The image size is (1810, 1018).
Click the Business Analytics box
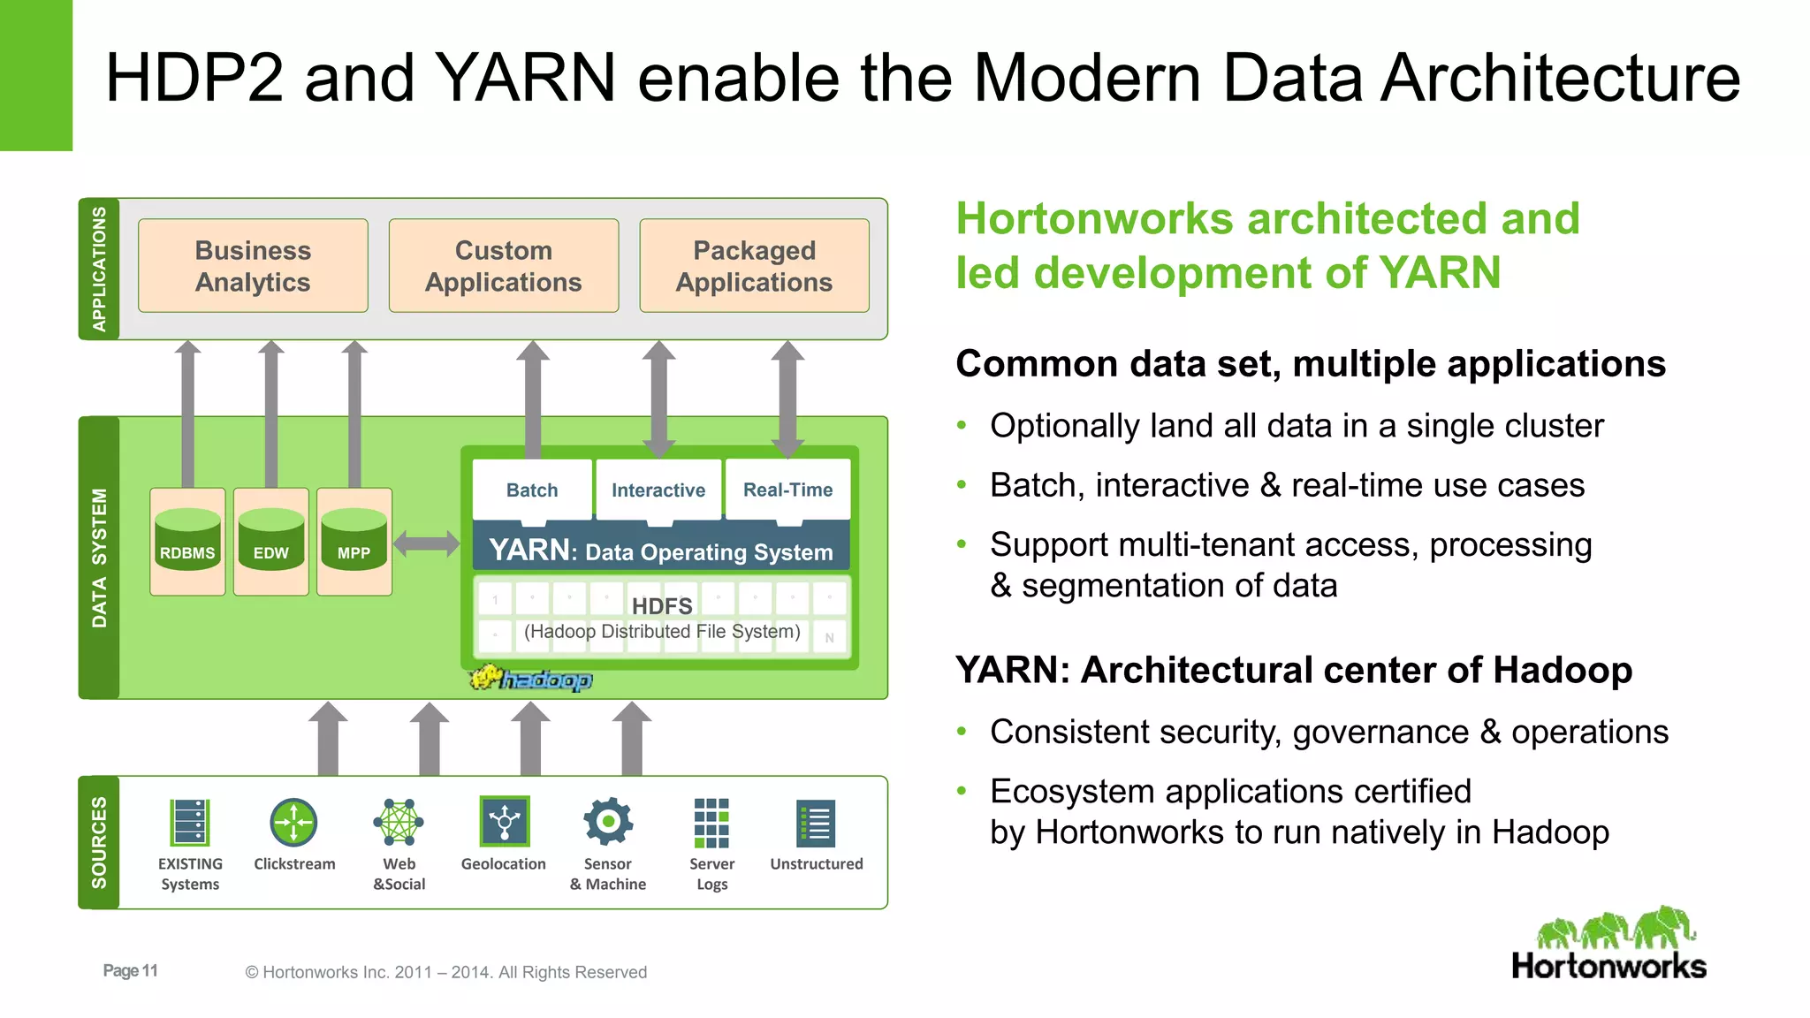253,266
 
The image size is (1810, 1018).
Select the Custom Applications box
503,266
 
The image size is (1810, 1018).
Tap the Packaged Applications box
754,266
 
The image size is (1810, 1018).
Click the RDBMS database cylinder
187,540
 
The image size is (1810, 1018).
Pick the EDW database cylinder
270,540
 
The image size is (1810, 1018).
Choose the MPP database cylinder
354,540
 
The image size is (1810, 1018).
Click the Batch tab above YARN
532,490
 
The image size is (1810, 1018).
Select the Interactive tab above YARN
658,490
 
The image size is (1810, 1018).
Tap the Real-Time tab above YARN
787,490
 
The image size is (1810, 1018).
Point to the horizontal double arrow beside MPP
426,543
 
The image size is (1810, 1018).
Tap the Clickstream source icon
293,823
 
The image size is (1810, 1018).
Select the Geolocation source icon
504,822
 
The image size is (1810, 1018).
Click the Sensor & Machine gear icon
608,822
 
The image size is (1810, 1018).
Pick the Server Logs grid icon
711,823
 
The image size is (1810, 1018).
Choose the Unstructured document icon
816,824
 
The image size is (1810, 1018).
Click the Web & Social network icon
399,823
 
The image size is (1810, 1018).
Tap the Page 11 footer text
130,970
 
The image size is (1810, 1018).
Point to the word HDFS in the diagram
662,606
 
